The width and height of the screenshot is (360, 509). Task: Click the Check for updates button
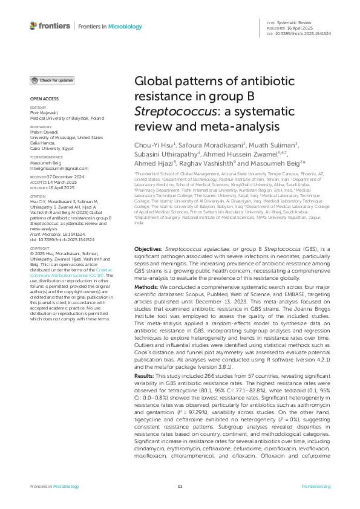(53, 80)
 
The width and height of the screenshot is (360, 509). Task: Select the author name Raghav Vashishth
(208, 163)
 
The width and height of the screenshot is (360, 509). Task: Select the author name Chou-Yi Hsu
(154, 146)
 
